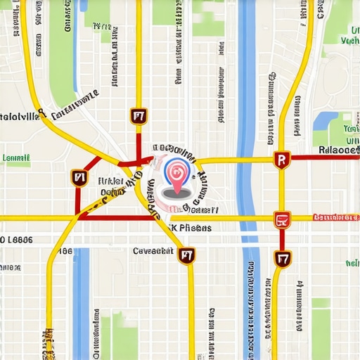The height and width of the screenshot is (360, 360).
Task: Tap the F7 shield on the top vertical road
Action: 138,116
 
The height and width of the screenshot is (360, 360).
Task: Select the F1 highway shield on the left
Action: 78,179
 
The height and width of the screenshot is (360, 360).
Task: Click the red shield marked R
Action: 282,161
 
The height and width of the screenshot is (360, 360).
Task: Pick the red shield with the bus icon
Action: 283,220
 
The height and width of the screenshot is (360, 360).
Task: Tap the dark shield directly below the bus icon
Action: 283,259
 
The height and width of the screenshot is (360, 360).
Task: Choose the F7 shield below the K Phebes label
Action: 186,255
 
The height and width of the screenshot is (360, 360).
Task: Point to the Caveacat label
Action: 153,250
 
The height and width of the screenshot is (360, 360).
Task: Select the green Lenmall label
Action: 15,159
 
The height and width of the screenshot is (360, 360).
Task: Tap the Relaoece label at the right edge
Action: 338,149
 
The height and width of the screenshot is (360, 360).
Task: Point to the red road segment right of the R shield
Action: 323,157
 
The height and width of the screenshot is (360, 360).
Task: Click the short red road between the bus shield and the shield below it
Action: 283,240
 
